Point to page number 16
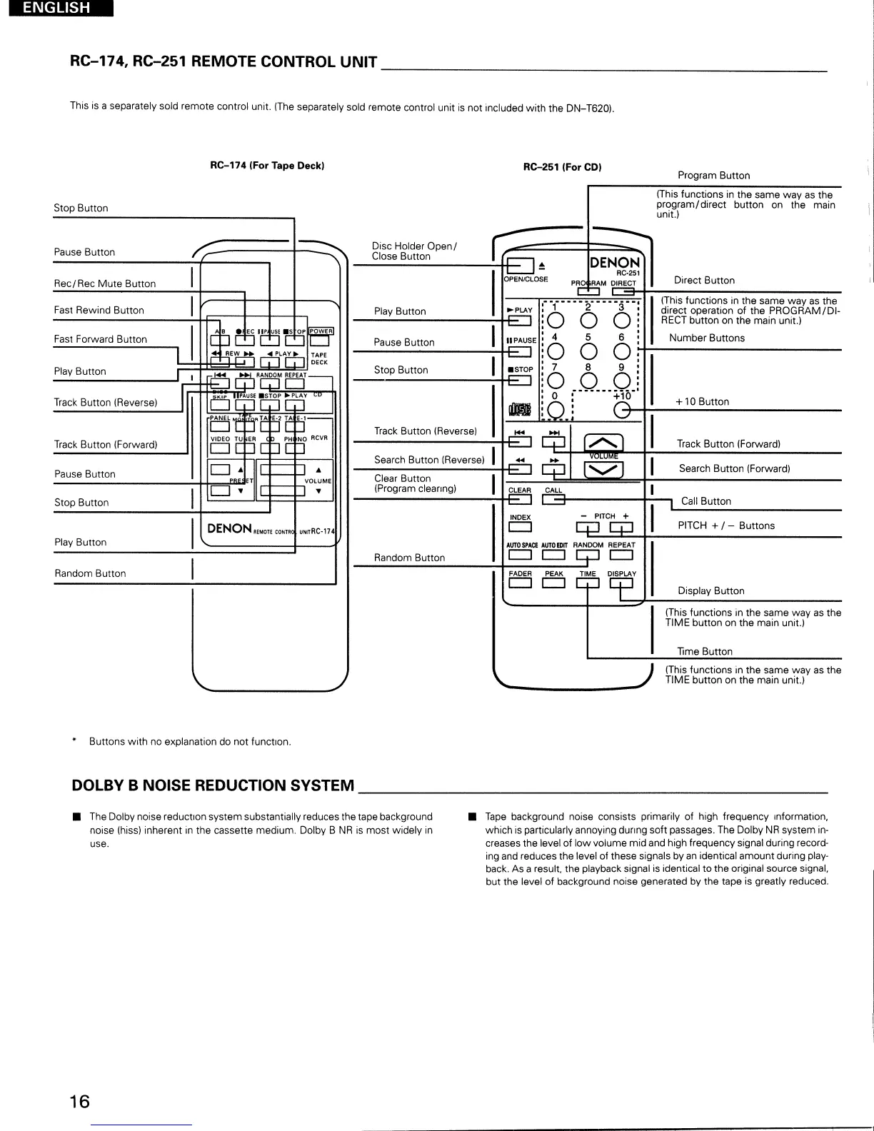(80, 1101)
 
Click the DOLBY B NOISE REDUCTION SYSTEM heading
(213, 785)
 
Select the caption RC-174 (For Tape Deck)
(267, 166)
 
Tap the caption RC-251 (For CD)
(562, 167)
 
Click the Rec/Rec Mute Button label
(105, 283)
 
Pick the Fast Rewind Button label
(99, 310)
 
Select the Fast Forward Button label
(100, 339)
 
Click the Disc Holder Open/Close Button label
(414, 251)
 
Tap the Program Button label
(713, 176)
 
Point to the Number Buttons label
(706, 338)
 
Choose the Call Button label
(705, 501)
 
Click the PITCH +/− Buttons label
(725, 526)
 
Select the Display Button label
(710, 591)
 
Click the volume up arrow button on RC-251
(603, 443)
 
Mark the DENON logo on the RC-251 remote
(614, 263)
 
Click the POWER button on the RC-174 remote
(320, 340)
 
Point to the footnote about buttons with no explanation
(189, 742)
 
